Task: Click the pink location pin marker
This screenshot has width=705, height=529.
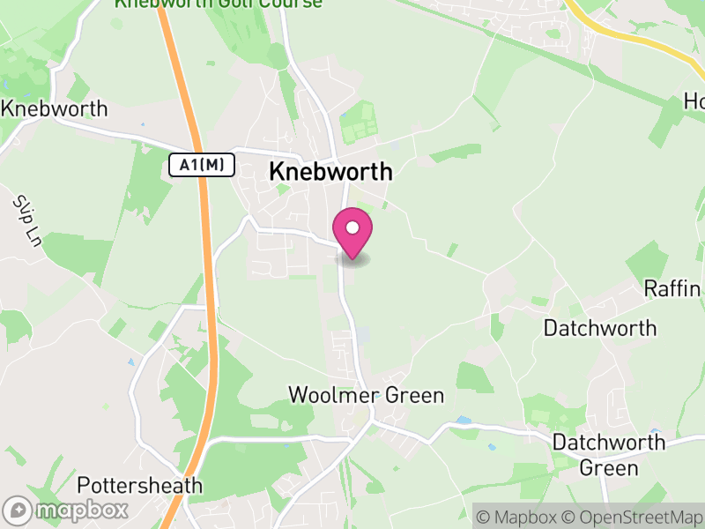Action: [x=352, y=231]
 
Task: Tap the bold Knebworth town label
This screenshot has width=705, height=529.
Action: [x=330, y=171]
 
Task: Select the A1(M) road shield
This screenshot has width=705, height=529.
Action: [x=201, y=165]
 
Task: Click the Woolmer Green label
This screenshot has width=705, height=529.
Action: [x=367, y=395]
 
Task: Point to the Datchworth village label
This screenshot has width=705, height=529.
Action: [x=599, y=329]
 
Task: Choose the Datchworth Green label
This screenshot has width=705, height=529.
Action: [x=608, y=454]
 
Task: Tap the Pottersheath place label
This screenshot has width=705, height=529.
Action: [x=139, y=486]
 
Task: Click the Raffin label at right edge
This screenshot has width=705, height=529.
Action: [x=673, y=288]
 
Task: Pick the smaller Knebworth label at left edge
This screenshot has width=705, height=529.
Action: [x=55, y=109]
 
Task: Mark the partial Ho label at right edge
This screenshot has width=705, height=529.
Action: [x=694, y=102]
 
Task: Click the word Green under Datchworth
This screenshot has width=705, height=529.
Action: [x=608, y=467]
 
